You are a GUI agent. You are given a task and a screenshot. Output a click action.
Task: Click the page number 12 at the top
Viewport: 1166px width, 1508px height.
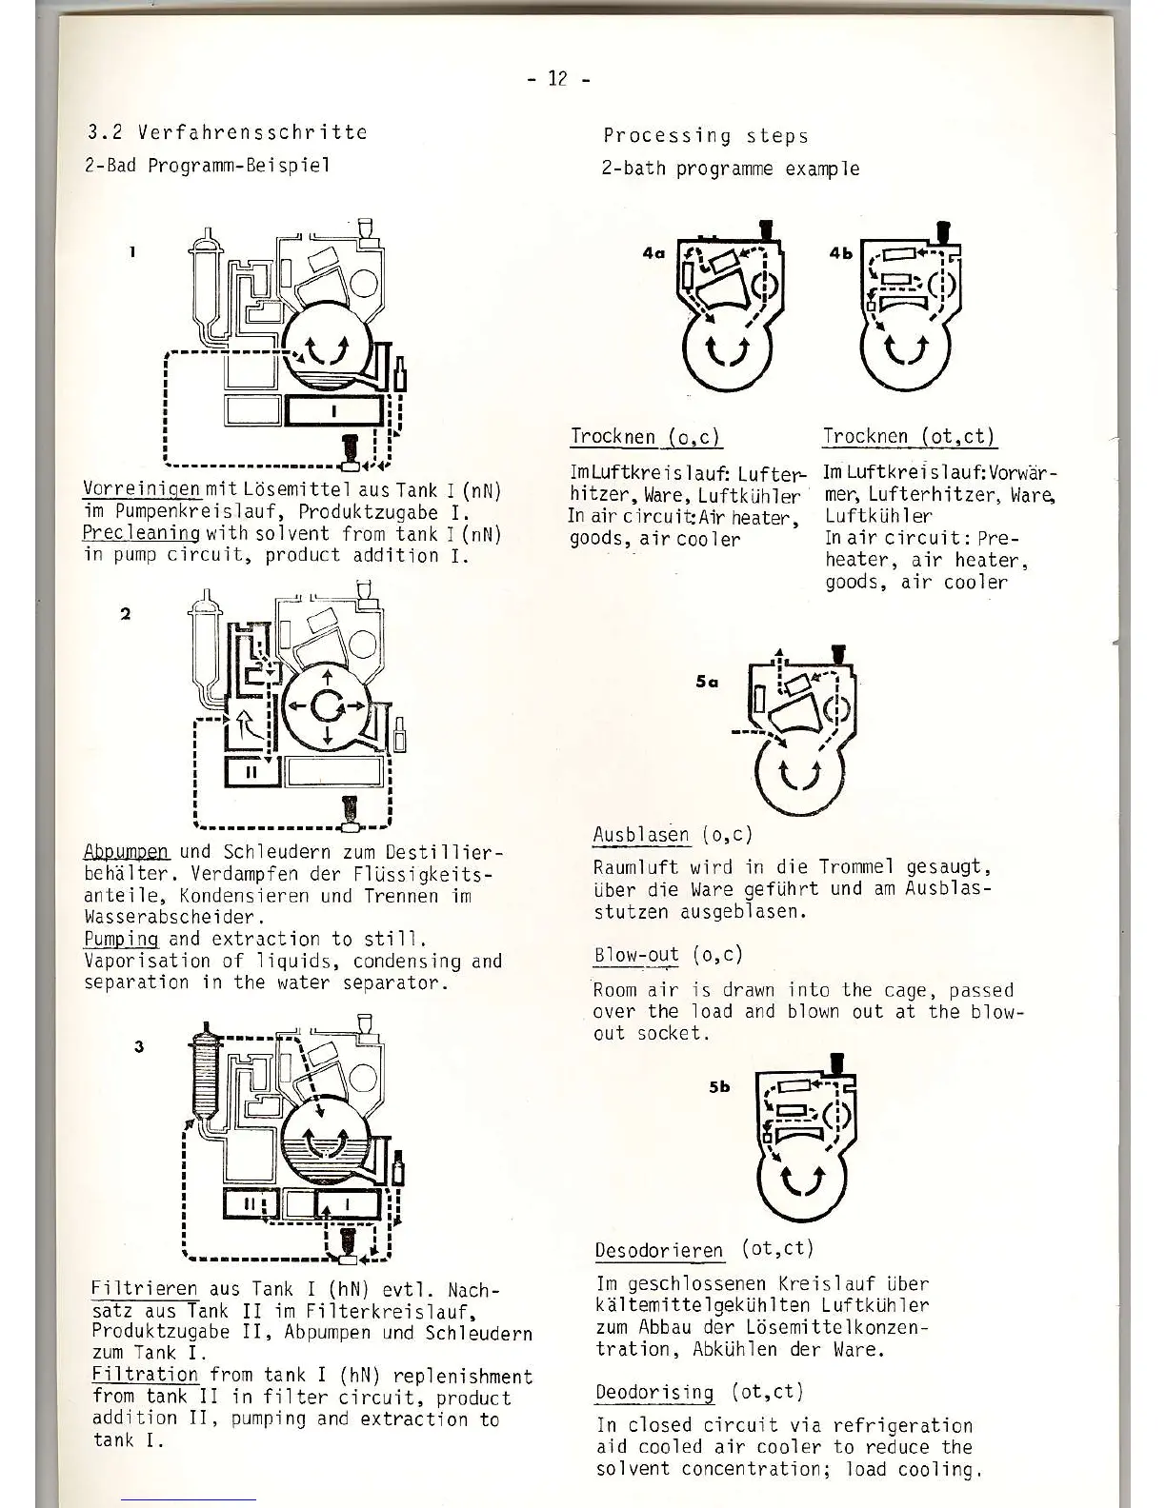coord(558,79)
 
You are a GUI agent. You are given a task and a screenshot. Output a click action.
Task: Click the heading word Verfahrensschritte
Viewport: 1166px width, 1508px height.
coord(252,132)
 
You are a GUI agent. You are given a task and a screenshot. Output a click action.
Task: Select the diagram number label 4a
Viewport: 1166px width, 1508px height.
coord(653,253)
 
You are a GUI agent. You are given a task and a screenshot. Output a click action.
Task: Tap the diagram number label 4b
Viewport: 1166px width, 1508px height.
coord(841,253)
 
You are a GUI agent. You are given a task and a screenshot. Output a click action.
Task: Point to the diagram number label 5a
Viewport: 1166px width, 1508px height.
coord(707,681)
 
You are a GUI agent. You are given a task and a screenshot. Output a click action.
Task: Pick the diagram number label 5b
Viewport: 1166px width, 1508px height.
coord(719,1086)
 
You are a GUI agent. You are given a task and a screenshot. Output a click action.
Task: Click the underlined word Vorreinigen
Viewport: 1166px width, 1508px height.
coord(142,490)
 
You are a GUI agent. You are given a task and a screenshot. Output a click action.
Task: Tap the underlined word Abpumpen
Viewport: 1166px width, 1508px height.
coord(126,852)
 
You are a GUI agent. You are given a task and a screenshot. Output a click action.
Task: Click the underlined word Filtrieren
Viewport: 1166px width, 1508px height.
coord(144,1289)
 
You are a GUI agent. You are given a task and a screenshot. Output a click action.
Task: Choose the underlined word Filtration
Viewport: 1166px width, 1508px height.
coord(145,1376)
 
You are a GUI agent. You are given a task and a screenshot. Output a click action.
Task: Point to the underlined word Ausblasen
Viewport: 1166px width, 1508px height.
coord(640,835)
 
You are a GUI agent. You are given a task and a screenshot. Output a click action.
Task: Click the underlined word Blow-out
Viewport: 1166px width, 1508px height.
coord(636,955)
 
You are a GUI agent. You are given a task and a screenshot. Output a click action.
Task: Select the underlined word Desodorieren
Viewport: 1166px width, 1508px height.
coord(658,1250)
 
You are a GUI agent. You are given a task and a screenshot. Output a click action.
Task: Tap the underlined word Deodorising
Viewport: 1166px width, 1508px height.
coord(654,1393)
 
